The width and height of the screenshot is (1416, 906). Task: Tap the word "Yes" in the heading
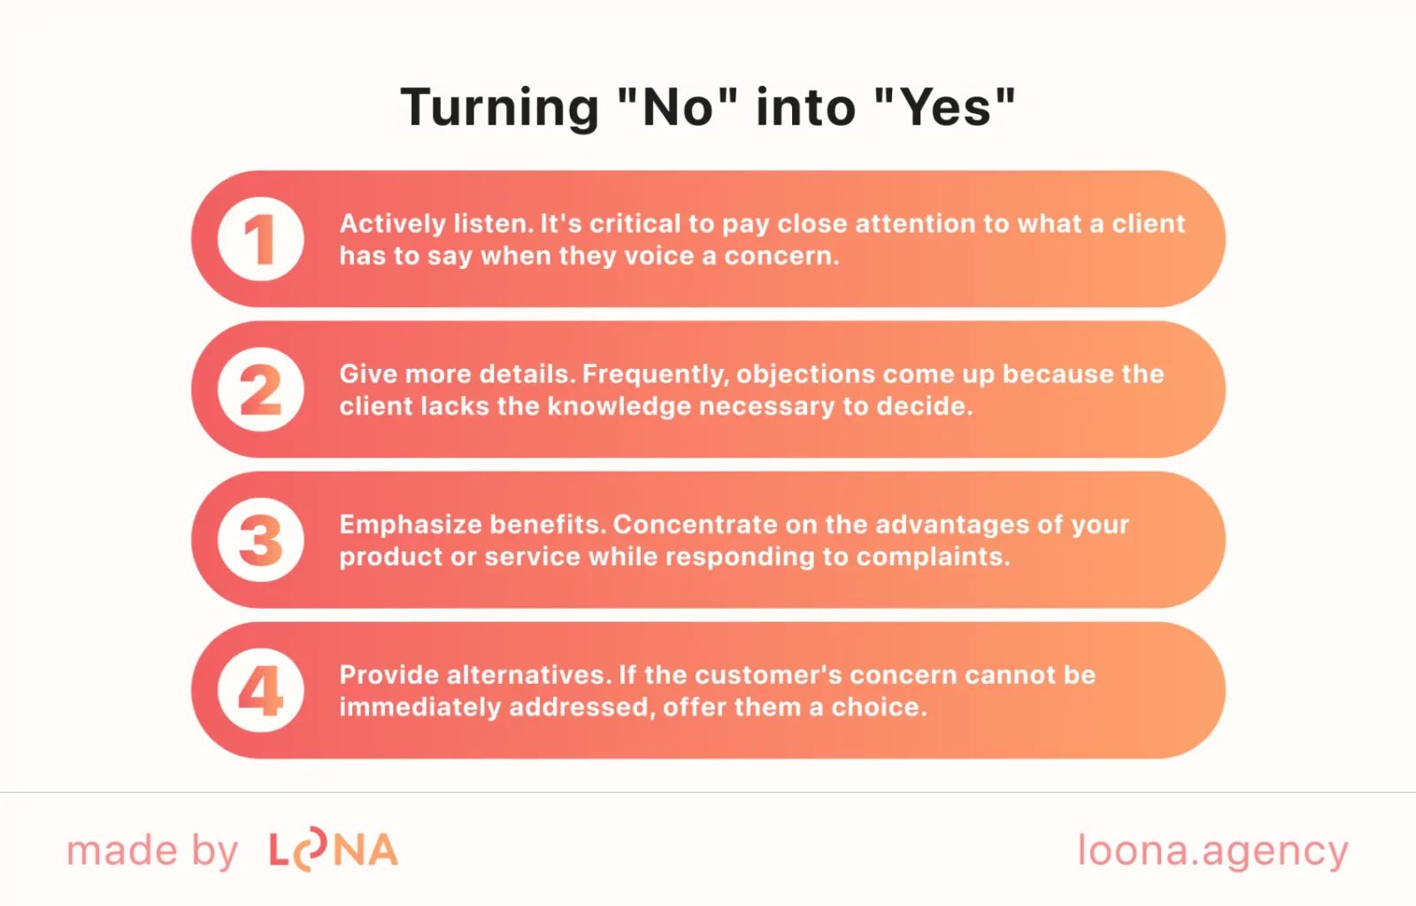coord(945,108)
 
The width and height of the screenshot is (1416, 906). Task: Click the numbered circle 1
coord(260,239)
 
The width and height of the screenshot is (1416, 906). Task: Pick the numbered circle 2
coord(260,389)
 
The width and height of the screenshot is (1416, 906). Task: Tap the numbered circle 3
coord(260,540)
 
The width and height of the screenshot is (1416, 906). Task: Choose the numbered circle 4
coord(260,690)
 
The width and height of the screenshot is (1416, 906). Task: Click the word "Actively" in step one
coord(393,225)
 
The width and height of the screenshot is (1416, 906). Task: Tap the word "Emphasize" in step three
coord(411,526)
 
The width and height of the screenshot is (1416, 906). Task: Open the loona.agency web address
coord(1213,852)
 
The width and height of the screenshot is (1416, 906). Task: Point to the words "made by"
coord(152,850)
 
